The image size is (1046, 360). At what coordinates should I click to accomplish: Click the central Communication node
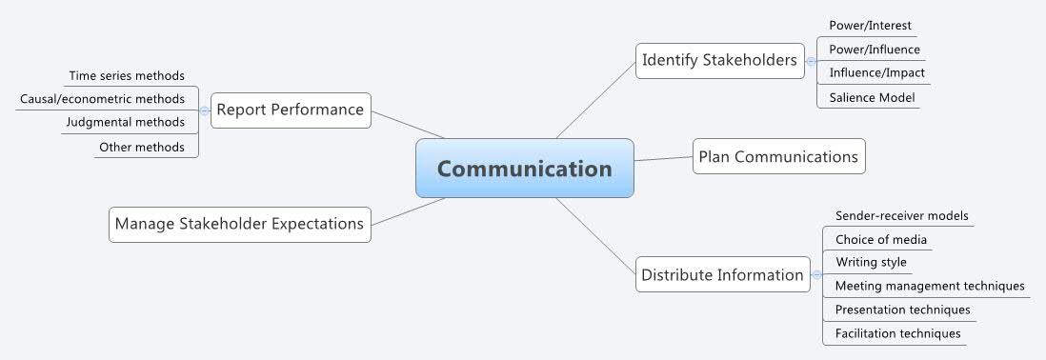coord(525,169)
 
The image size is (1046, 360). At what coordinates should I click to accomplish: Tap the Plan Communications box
coord(778,156)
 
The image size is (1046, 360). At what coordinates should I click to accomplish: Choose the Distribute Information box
coord(722,275)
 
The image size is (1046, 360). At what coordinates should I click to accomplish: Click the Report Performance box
coord(290,110)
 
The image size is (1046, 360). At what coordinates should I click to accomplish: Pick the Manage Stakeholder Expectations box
coord(239,225)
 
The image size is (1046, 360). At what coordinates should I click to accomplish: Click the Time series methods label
coord(127,75)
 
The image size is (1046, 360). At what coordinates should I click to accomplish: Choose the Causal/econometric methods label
coord(103,98)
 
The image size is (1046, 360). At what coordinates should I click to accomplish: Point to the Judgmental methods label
coord(125,122)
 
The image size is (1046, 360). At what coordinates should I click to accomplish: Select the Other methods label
coord(142,147)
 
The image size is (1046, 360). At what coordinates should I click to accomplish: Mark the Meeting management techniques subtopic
coord(930,286)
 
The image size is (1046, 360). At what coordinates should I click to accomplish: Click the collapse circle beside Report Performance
coord(204,110)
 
